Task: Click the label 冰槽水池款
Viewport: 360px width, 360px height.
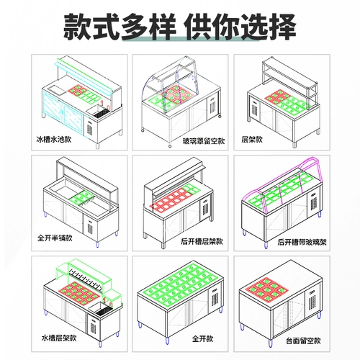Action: (54, 140)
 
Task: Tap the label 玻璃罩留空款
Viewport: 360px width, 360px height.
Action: (204, 141)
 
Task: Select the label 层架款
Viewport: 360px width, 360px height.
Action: (252, 140)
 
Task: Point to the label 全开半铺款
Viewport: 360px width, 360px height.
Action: (55, 238)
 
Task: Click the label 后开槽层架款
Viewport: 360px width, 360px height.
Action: (202, 241)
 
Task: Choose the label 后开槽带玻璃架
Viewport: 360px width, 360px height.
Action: (302, 242)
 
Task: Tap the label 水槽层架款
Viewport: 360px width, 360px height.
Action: (59, 338)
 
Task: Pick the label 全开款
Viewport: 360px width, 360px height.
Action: (202, 338)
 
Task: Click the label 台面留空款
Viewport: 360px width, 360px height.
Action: (303, 341)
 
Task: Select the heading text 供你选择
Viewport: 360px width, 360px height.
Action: (240, 27)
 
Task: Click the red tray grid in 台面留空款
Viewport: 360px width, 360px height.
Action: (266, 289)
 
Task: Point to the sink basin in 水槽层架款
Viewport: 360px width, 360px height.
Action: (102, 307)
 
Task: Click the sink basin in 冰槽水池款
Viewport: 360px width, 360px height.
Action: (99, 111)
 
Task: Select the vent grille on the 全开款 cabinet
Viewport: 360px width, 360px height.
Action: (215, 299)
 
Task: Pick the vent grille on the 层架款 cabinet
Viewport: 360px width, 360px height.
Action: (255, 109)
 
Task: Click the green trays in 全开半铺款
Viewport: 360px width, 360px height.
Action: (81, 197)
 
